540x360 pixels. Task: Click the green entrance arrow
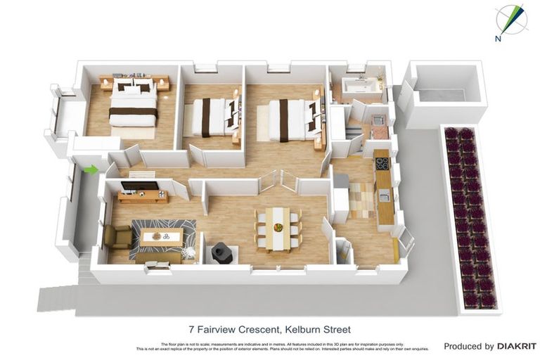point(90,169)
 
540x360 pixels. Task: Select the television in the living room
point(140,186)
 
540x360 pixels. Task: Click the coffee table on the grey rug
point(161,236)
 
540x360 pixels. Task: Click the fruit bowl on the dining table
point(278,228)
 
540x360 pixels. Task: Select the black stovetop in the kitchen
point(382,163)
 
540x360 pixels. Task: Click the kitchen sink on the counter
point(384,197)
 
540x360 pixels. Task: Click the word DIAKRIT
point(517,346)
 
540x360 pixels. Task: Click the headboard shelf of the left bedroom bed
point(134,79)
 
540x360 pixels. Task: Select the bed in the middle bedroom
point(213,117)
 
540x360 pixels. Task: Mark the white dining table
point(278,226)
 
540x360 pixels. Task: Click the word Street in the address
point(336,329)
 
